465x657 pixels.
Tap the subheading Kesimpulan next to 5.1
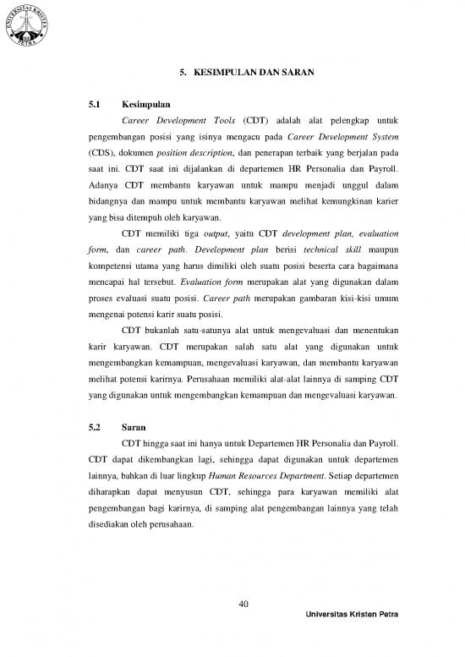[x=141, y=104]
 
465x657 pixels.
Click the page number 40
[x=243, y=602]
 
